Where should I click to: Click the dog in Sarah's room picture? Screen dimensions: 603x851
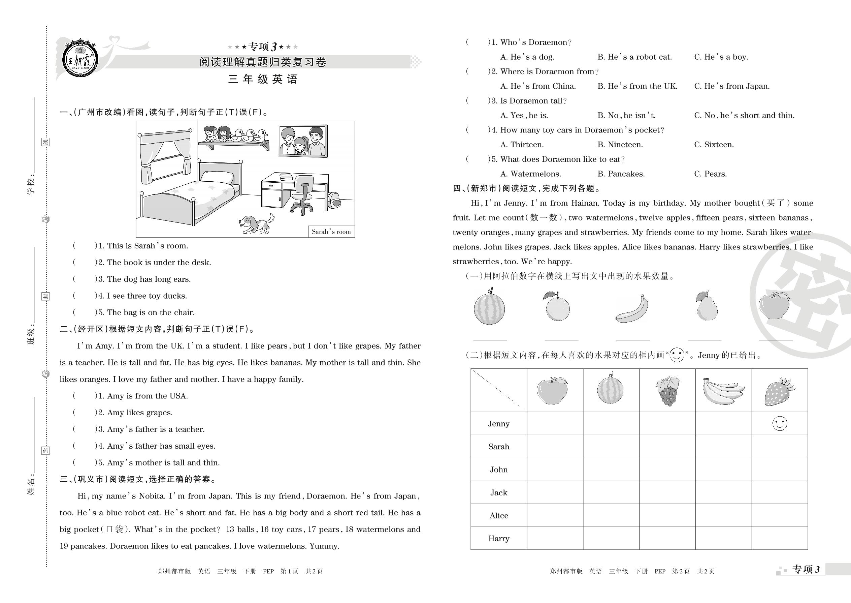point(256,224)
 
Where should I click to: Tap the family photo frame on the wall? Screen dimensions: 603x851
point(303,141)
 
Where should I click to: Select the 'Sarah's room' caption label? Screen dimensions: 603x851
point(331,232)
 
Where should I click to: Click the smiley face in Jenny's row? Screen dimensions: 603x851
point(779,423)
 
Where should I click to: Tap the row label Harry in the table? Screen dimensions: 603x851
point(499,538)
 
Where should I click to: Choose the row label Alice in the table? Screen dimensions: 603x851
point(499,515)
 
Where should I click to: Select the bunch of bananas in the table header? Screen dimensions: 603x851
point(723,391)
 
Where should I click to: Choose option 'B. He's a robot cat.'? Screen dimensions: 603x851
point(634,57)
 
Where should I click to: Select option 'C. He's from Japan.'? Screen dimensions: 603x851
point(731,86)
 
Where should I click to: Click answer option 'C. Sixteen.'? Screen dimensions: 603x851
point(714,145)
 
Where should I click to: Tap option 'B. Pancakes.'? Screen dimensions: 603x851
point(621,174)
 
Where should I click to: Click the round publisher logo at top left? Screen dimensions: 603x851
point(80,59)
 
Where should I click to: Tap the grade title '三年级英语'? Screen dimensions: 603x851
point(263,79)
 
